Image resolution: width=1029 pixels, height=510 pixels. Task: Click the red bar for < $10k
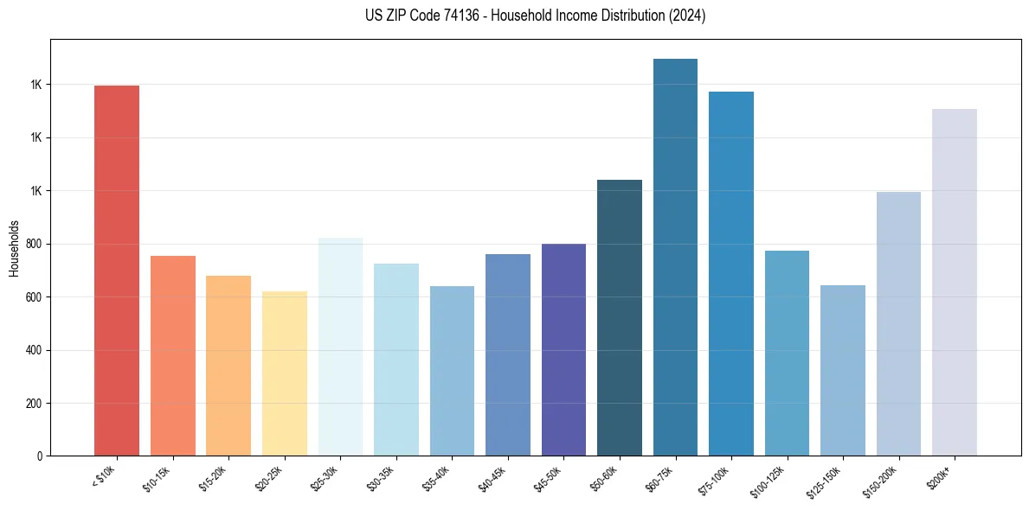pos(117,271)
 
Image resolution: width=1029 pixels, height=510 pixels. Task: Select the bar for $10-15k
pos(173,355)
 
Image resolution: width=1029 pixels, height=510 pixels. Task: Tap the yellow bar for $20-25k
pos(285,373)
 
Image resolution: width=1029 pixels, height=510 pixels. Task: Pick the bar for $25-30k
pos(340,347)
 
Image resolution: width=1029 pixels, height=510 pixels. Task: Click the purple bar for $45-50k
pos(563,349)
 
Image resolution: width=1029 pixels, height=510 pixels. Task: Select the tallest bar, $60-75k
pos(675,257)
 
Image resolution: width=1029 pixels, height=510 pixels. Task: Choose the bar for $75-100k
pos(731,273)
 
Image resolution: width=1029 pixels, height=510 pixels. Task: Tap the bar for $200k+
pos(955,282)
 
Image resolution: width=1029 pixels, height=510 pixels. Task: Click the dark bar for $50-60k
pos(620,317)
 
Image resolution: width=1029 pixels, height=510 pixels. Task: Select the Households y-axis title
pos(14,248)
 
